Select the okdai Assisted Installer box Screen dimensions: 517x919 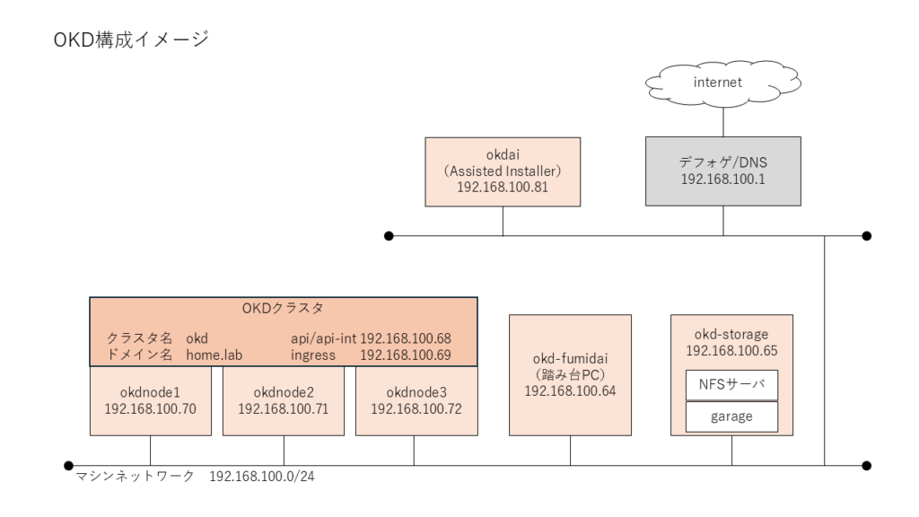[503, 171]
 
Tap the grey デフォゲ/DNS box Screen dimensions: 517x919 [722, 171]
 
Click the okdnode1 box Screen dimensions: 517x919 [150, 401]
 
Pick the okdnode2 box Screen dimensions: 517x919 [284, 401]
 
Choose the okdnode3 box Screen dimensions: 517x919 [414, 401]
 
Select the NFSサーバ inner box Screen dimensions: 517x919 [731, 385]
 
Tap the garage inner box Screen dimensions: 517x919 [731, 416]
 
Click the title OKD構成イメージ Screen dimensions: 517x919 [131, 40]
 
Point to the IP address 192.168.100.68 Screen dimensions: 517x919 [406, 339]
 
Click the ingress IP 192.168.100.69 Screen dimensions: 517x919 [406, 355]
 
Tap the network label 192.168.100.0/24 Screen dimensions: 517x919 [262, 477]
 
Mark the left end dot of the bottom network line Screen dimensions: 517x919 [68, 466]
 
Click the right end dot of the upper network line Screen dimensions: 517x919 [866, 236]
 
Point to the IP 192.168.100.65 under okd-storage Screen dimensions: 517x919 [731, 350]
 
